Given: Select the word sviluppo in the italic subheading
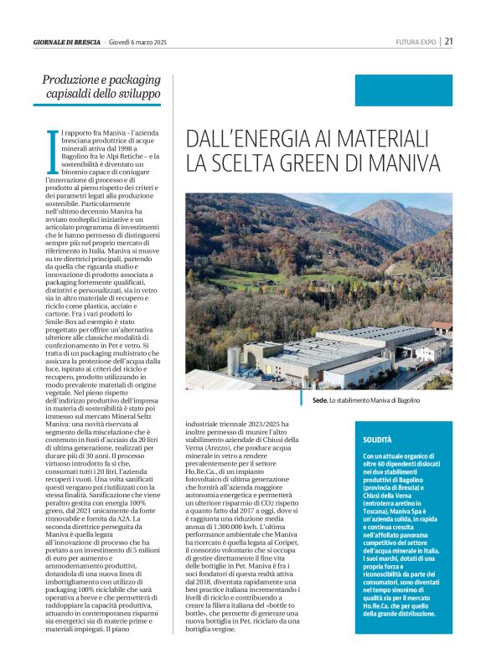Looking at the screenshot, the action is (x=135, y=95).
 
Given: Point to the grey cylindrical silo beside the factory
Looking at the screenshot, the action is (x=234, y=361).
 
